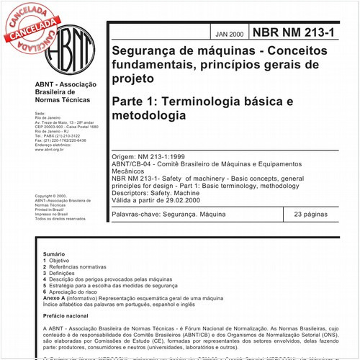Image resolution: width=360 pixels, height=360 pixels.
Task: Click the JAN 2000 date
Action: [x=230, y=33]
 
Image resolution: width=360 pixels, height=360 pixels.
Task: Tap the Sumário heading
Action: [x=54, y=254]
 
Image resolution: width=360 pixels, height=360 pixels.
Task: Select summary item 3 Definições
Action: [x=58, y=273]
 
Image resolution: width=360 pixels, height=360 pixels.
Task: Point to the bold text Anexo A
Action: [x=55, y=297]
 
